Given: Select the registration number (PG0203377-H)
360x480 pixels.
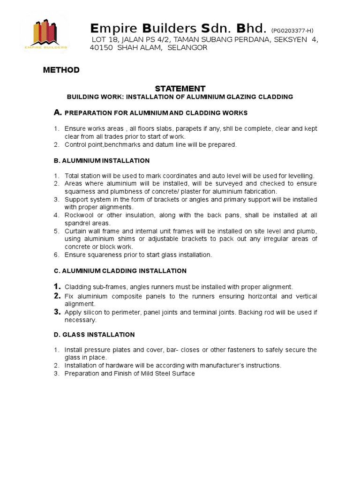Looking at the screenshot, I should (292, 30).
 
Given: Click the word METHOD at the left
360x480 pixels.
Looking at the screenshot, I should (61, 70).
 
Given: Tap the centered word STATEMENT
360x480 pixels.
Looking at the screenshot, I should (180, 89).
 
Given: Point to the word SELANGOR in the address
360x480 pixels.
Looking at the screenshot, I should (187, 48).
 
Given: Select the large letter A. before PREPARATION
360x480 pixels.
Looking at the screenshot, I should (58, 112).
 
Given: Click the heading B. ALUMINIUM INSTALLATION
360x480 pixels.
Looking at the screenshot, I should (102, 161).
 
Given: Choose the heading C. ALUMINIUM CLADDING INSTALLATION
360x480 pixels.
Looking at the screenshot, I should (120, 271).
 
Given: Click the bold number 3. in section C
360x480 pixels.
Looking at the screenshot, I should (57, 312).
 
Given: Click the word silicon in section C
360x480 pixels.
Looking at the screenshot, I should (95, 312).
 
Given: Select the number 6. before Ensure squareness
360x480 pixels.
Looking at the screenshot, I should (56, 255).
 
